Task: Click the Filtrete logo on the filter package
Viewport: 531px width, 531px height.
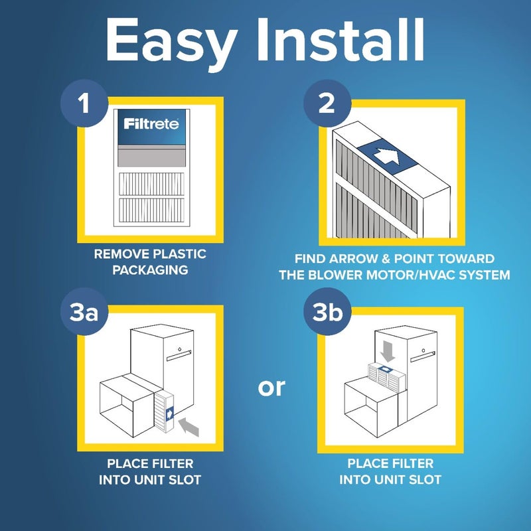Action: (x=151, y=123)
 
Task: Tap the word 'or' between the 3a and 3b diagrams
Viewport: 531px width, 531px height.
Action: (x=271, y=387)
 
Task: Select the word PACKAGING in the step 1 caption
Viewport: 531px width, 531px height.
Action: (x=150, y=271)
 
